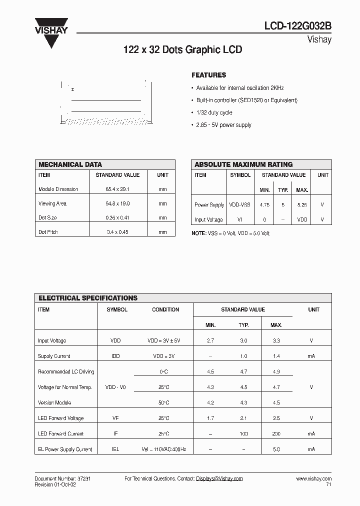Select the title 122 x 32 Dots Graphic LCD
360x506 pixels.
tap(182, 50)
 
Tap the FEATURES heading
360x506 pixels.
tap(208, 75)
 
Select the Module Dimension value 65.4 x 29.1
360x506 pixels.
tap(117, 189)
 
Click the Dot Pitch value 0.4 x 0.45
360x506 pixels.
tap(117, 232)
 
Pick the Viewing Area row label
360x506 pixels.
tap(52, 204)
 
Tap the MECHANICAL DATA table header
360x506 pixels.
tap(70, 164)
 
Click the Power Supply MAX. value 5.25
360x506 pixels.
tap(302, 205)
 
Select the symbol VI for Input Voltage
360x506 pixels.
tap(240, 219)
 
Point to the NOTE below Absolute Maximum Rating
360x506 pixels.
tap(230, 233)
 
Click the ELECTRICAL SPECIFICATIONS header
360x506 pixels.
tap(88, 298)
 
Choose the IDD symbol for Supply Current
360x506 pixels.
tap(115, 356)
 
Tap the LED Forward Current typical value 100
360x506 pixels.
tap(243, 433)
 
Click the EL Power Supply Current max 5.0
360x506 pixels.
tap(276, 449)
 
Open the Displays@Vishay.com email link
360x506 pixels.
tap(219, 478)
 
